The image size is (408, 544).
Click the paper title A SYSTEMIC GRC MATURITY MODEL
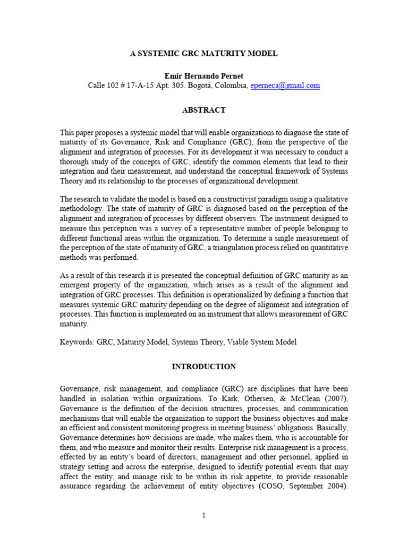click(204, 54)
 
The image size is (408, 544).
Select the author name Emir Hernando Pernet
click(204, 76)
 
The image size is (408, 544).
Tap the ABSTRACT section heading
click(204, 110)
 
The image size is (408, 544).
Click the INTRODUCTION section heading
click(204, 367)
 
